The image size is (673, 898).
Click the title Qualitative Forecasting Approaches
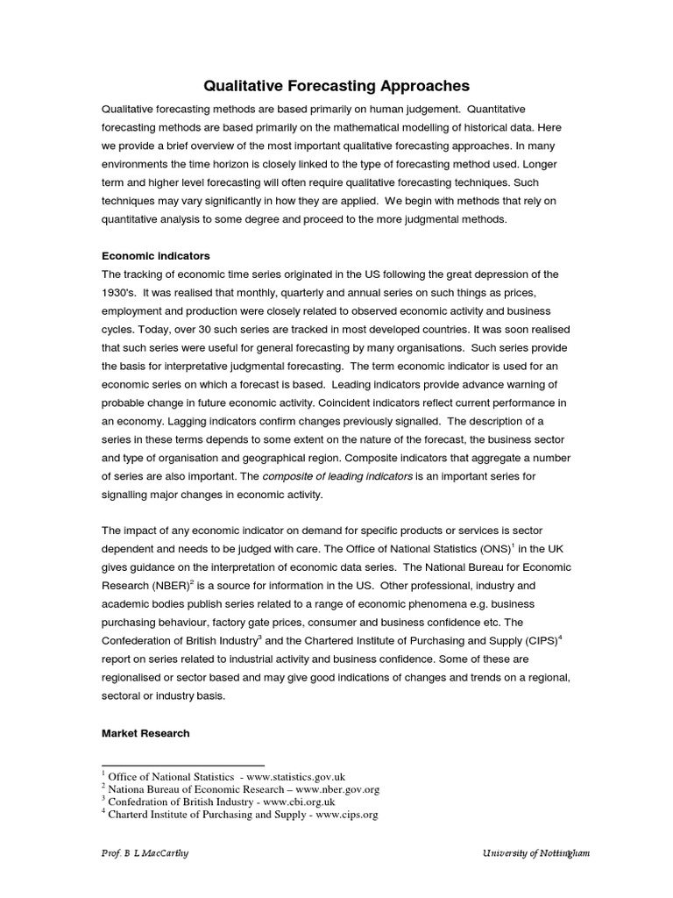point(336,86)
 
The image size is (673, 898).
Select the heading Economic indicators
point(156,256)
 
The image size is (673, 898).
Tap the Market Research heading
point(145,733)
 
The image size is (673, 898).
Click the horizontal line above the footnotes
point(183,765)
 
